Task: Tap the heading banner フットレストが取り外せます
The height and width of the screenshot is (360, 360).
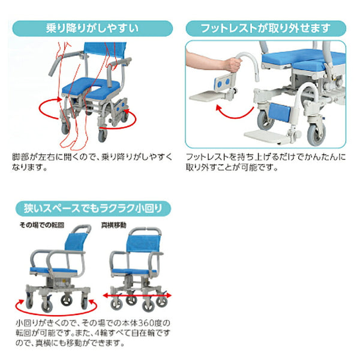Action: (x=265, y=28)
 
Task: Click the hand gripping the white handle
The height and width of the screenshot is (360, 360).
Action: (x=230, y=62)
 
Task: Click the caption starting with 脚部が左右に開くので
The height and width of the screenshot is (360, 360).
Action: (x=92, y=161)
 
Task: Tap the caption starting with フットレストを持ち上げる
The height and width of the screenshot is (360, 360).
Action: (x=265, y=161)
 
